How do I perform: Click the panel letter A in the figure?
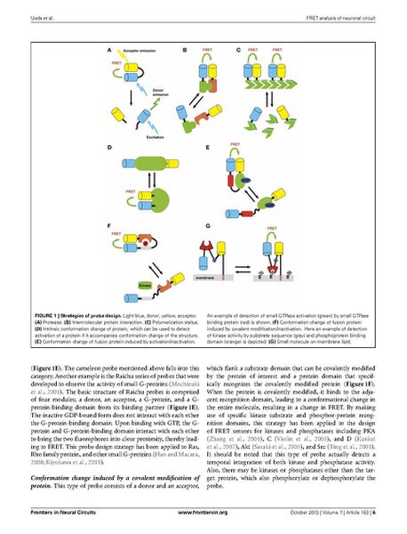108,50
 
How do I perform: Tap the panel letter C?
236,50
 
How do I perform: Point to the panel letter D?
108,146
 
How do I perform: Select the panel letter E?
206,146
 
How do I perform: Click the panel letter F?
108,228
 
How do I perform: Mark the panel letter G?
206,228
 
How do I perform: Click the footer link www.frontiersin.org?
204,514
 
